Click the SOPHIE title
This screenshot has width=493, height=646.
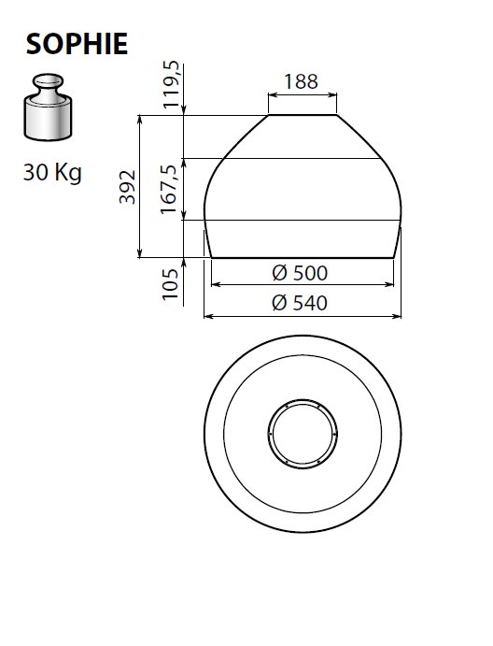click(x=77, y=44)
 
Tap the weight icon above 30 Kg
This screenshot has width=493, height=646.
click(x=48, y=107)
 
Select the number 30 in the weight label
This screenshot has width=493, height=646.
click(x=35, y=172)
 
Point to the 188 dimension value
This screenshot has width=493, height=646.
click(x=302, y=81)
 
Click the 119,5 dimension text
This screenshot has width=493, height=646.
click(x=172, y=84)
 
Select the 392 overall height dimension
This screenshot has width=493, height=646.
click(x=127, y=187)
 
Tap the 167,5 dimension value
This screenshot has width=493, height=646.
click(x=169, y=189)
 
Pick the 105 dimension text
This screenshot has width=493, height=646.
click(x=170, y=284)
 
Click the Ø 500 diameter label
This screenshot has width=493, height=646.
click(x=300, y=273)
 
